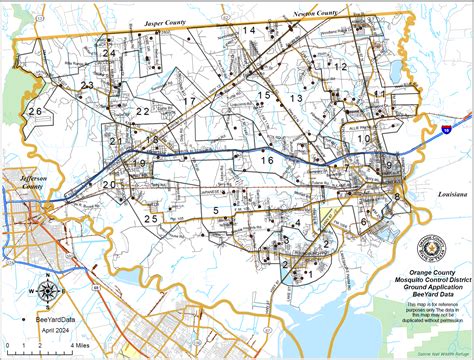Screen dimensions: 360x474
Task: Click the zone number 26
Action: point(35,111)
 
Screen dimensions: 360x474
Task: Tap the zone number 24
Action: point(109,53)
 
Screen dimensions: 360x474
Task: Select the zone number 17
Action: point(189,102)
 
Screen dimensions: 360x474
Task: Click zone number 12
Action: point(341,67)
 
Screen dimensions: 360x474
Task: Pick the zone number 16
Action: point(266,160)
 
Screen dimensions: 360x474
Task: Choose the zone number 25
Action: point(151,218)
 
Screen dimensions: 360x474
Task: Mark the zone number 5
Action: point(216,210)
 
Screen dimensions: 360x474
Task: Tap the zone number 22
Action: point(143,111)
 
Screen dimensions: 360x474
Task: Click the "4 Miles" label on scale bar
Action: point(78,344)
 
